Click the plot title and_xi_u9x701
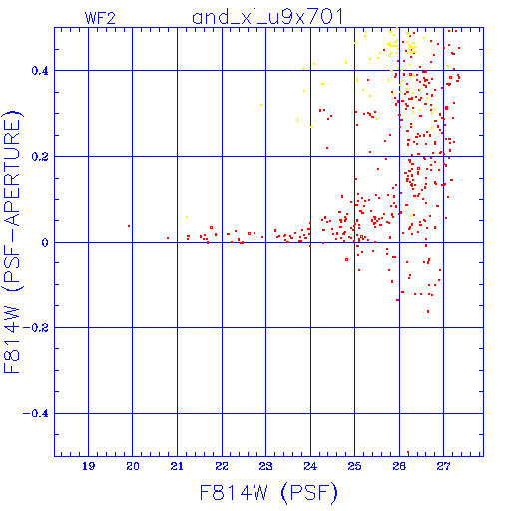[267, 17]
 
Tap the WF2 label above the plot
[100, 18]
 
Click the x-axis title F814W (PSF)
[268, 492]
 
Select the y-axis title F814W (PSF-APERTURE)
[12, 243]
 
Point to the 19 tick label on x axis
[89, 466]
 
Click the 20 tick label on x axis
[133, 466]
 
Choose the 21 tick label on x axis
[177, 466]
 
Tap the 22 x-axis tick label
[222, 466]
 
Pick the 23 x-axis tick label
[265, 466]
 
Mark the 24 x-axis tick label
[310, 466]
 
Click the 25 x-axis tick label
[354, 466]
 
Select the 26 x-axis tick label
[399, 466]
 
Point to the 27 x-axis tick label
[443, 466]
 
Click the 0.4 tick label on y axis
[40, 71]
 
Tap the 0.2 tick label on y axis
[40, 157]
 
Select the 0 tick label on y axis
[45, 243]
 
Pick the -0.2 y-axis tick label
[36, 328]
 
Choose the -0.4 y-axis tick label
[36, 414]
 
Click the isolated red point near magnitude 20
[129, 226]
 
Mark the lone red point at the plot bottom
[408, 452]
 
